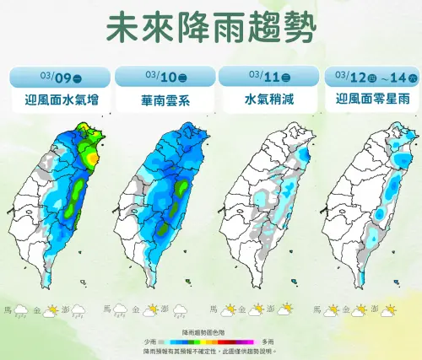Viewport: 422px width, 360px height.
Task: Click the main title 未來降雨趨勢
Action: click(x=211, y=28)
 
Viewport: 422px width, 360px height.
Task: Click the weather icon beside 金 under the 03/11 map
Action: click(x=250, y=309)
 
